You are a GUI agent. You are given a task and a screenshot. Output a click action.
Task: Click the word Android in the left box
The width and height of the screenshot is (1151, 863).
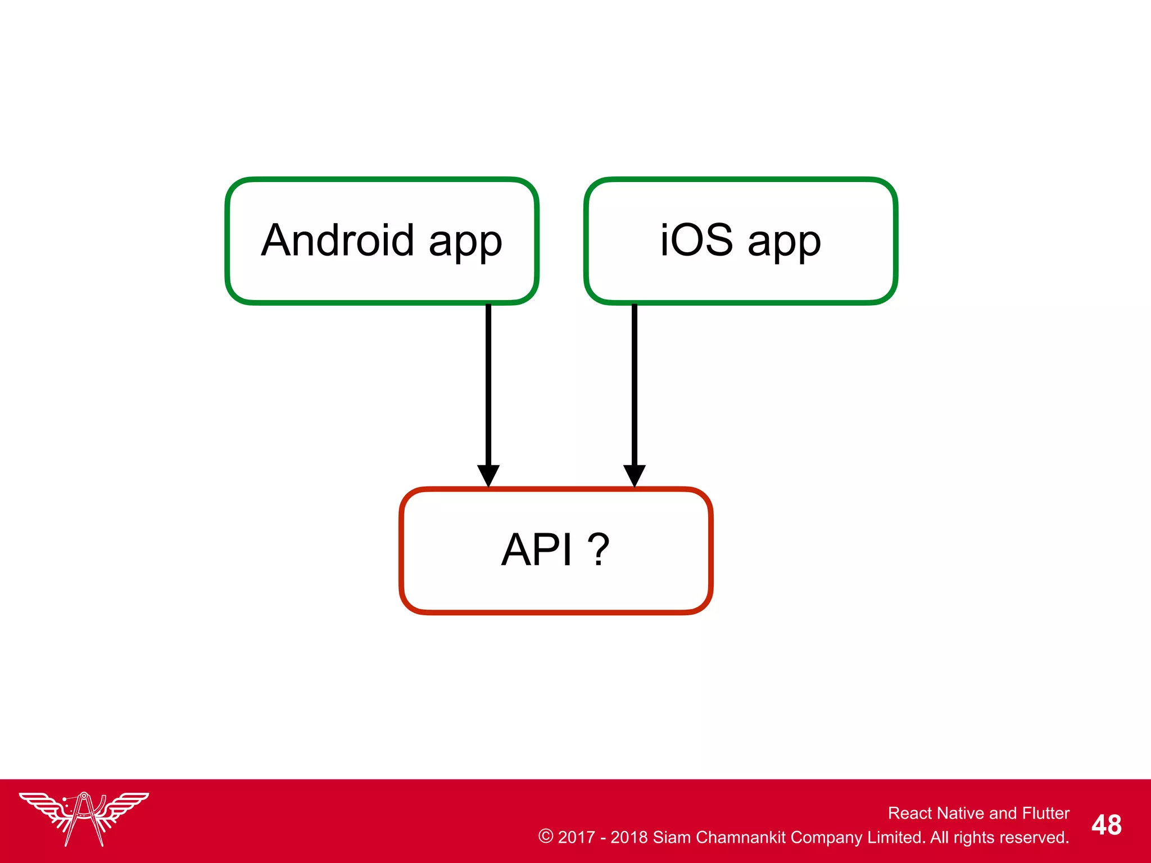(338, 240)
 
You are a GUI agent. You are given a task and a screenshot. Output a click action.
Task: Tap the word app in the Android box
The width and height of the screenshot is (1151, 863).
(465, 243)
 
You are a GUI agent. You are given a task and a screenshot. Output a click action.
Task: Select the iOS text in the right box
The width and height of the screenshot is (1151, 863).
(696, 240)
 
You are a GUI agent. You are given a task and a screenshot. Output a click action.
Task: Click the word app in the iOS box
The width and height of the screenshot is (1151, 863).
(784, 243)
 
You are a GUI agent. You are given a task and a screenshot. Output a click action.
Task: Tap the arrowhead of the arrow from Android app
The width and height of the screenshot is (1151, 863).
(488, 475)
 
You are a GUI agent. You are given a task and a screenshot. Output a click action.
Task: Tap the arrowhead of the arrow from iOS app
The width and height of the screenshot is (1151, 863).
(635, 475)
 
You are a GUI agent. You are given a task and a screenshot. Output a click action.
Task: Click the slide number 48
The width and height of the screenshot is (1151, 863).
(1106, 825)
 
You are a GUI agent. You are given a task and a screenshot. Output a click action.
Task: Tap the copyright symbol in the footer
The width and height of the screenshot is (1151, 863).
(545, 836)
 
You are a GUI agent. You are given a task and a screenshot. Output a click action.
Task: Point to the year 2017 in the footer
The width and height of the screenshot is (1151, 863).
(576, 837)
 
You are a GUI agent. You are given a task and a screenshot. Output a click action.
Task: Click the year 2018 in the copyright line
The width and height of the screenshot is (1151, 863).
(629, 837)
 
